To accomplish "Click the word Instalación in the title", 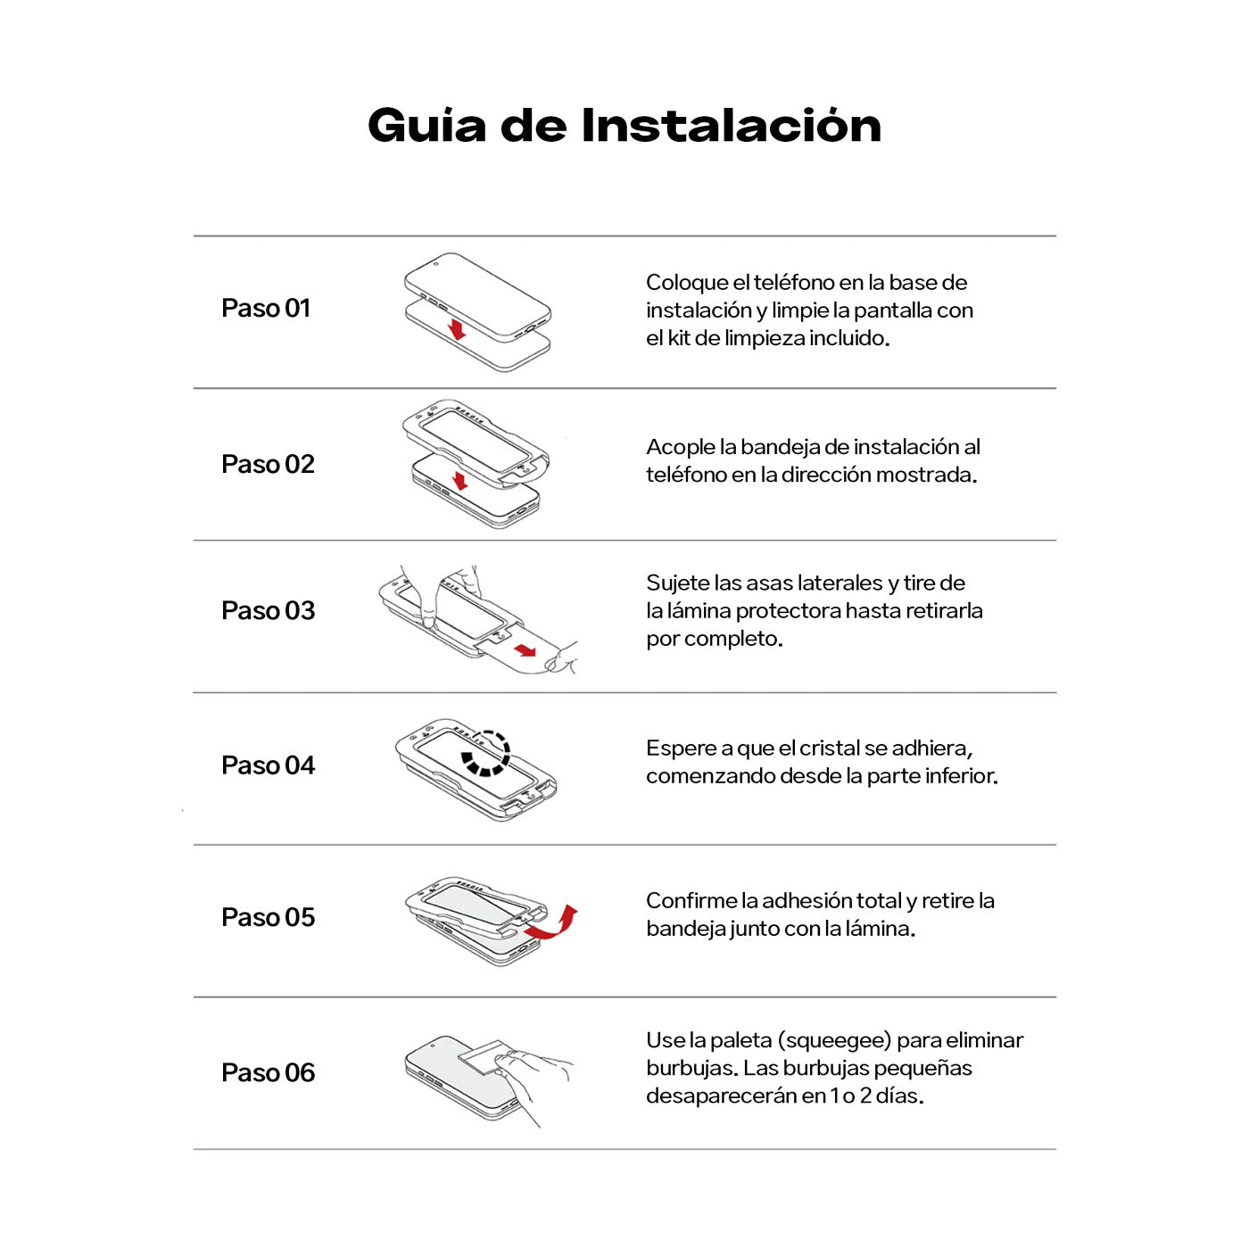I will (731, 126).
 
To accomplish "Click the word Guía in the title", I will (426, 126).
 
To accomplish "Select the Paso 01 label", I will (266, 309).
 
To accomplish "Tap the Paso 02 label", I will (268, 465).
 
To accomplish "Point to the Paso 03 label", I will (268, 611).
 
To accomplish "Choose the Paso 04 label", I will (268, 765).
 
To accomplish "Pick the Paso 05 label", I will (268, 918).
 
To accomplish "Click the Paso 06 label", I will (268, 1073).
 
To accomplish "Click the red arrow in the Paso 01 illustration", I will (457, 327).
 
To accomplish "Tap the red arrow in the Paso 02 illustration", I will (460, 481).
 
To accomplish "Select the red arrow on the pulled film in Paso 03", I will (525, 649).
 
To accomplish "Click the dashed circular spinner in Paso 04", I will (485, 754).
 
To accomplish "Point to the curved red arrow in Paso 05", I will (553, 923).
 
